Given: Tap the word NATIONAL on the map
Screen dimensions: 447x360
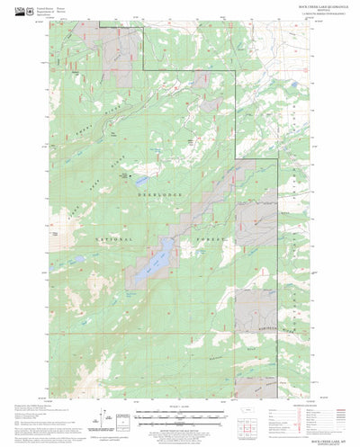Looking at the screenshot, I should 112,240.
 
